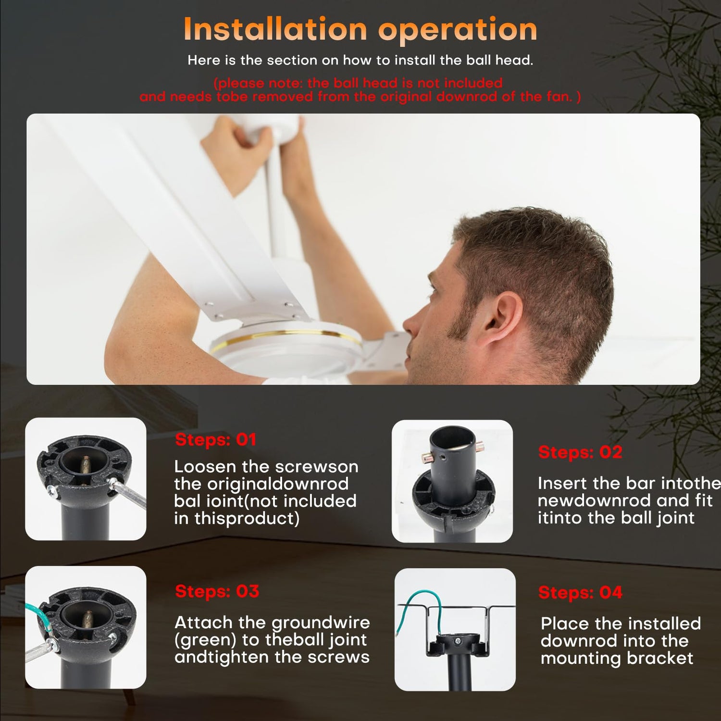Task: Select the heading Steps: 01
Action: coord(216,439)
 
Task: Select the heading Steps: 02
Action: coord(580,452)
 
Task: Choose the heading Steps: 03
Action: coord(217,591)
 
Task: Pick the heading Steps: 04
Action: coord(581,592)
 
